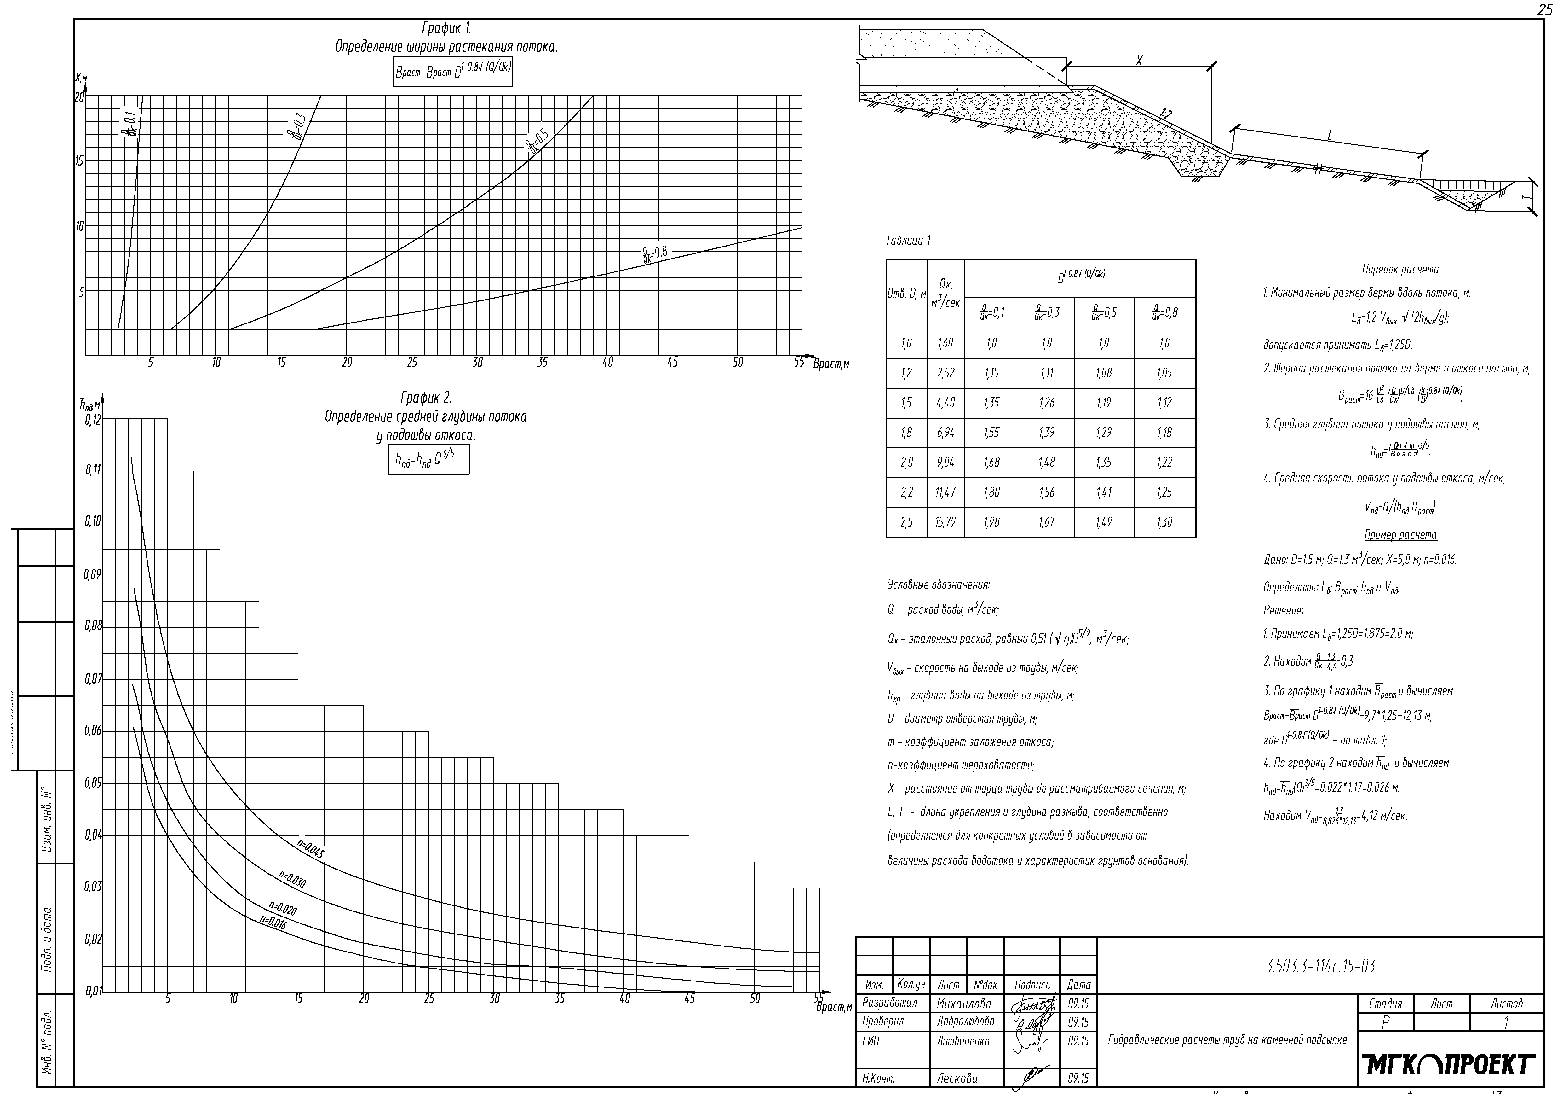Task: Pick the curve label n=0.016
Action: click(273, 923)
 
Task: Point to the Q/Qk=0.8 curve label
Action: click(655, 254)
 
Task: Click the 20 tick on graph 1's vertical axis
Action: click(80, 97)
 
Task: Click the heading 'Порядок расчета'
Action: click(1400, 270)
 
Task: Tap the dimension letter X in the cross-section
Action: click(1139, 61)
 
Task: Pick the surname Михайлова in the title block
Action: click(964, 1004)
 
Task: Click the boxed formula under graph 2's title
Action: click(428, 460)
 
